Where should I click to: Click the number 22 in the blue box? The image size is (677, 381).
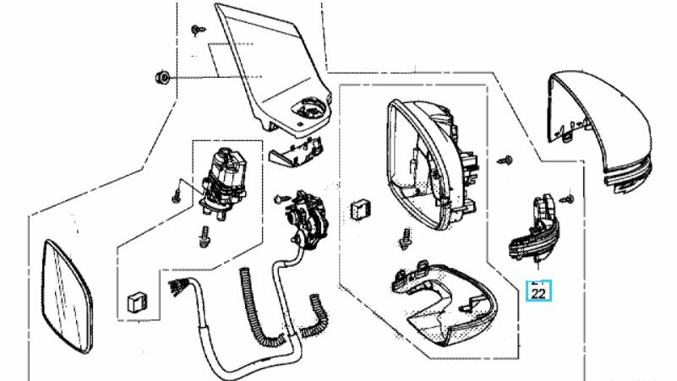pyautogui.click(x=538, y=293)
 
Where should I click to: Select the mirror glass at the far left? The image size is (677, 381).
pyautogui.click(x=68, y=297)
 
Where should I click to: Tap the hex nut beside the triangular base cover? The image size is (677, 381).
pyautogui.click(x=163, y=78)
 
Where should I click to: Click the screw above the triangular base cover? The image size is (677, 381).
pyautogui.click(x=198, y=30)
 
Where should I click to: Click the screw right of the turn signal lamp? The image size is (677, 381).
pyautogui.click(x=567, y=199)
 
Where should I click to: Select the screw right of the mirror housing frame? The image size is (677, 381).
pyautogui.click(x=505, y=160)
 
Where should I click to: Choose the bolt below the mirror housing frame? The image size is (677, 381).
pyautogui.click(x=405, y=238)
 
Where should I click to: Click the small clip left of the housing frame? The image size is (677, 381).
pyautogui.click(x=359, y=210)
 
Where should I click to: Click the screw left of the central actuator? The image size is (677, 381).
pyautogui.click(x=281, y=199)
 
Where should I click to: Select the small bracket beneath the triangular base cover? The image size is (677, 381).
pyautogui.click(x=296, y=152)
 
